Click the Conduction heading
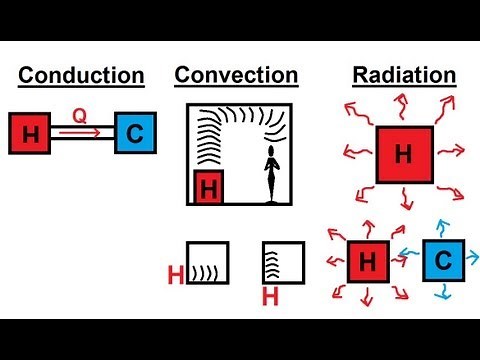pos(81,76)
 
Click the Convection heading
pos(236,76)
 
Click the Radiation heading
pos(404,76)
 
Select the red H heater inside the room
pos(208,186)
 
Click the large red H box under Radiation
pos(403,154)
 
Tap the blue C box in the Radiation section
pos(442,261)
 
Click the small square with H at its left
pos(207,263)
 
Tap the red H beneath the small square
pos(268,297)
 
